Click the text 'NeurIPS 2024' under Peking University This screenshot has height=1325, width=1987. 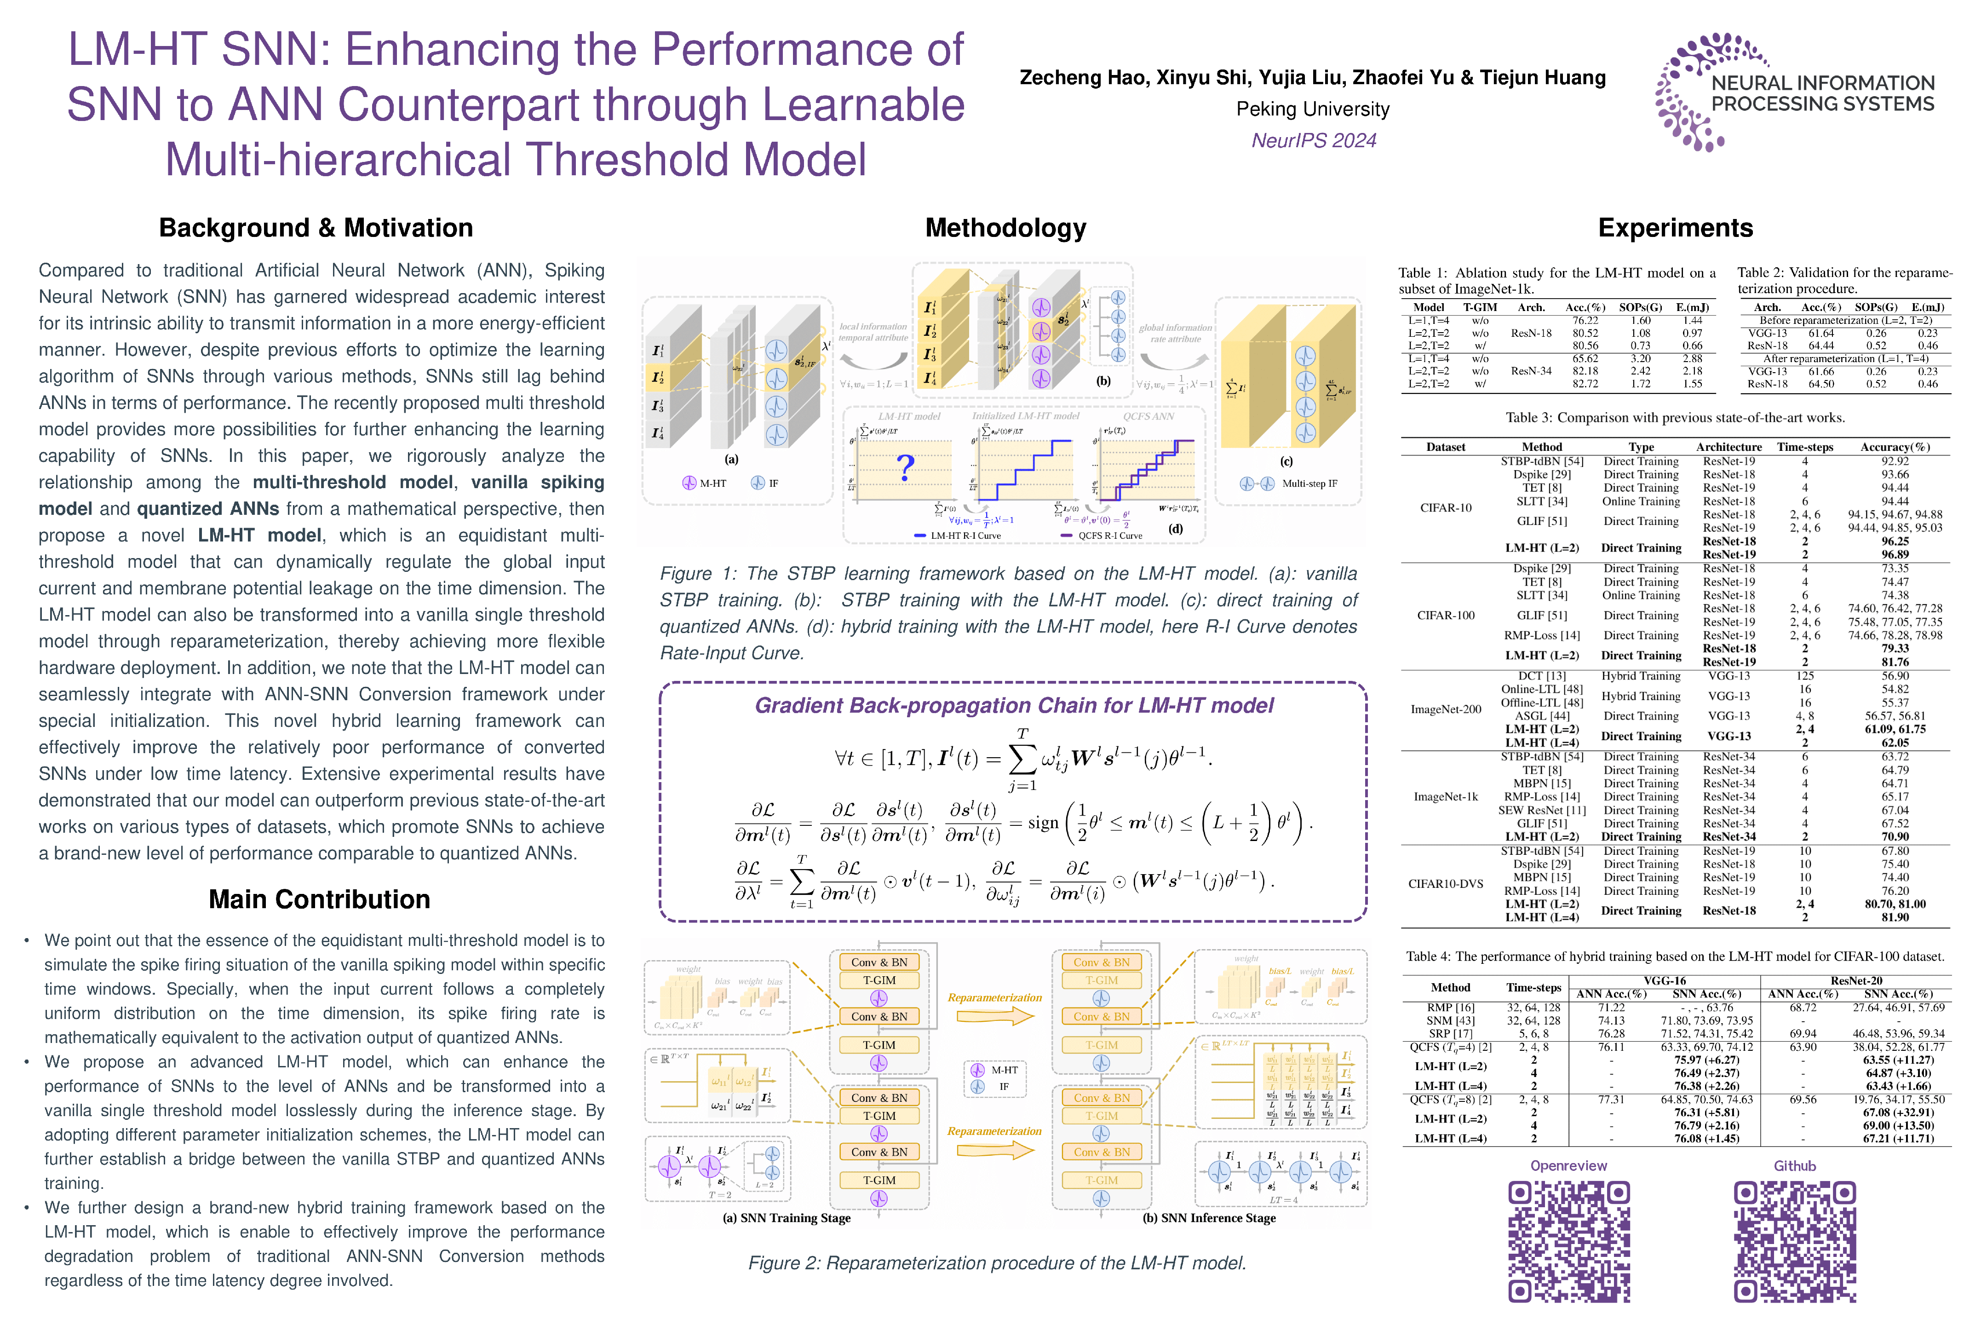tap(1314, 140)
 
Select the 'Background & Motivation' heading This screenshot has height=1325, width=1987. tap(316, 228)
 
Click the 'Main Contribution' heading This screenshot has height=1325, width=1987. tap(319, 899)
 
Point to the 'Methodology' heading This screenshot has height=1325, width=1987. tap(1005, 228)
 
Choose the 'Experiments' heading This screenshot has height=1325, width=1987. tap(1675, 228)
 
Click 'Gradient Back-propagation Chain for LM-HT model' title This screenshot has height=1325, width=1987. tap(1014, 706)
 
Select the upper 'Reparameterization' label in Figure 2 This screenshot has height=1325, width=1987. tap(994, 998)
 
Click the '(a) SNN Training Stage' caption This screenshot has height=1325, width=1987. tap(787, 1218)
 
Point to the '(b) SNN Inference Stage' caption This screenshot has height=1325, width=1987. tap(1209, 1218)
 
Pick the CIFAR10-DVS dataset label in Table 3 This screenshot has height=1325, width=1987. tap(1446, 884)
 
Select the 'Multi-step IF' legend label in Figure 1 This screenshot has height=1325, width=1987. tap(1309, 484)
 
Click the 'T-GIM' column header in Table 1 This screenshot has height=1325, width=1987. tap(1480, 308)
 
